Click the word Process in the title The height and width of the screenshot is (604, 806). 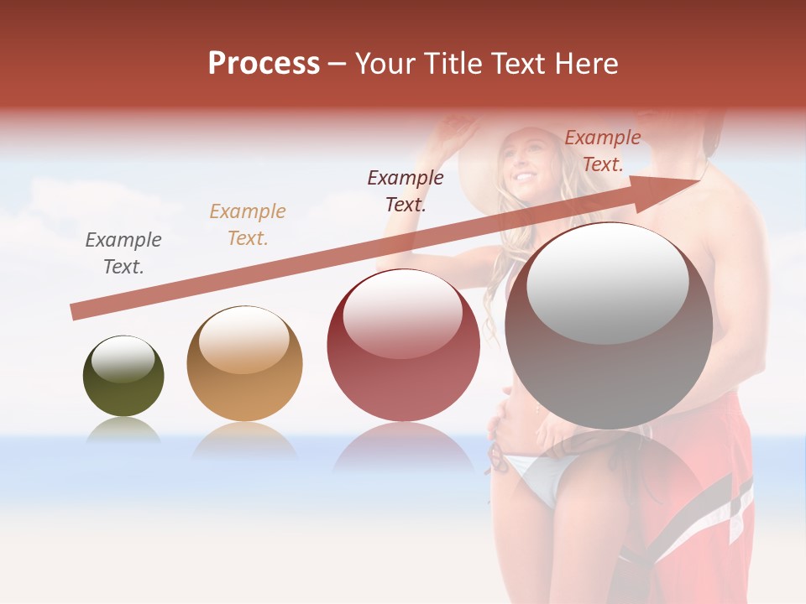point(264,64)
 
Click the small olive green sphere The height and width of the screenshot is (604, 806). point(123,377)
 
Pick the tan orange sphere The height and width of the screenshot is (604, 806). point(244,363)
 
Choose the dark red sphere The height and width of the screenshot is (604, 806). point(404,345)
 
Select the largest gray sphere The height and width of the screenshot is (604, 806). point(609,327)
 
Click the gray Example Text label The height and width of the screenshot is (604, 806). point(123,253)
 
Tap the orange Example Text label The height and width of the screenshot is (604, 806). point(248,225)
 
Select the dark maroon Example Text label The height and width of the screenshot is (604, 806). point(406,190)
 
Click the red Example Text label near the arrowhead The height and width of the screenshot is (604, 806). point(603,151)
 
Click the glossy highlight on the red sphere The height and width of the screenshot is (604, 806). point(402,312)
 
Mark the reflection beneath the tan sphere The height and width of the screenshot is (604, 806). point(244,440)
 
